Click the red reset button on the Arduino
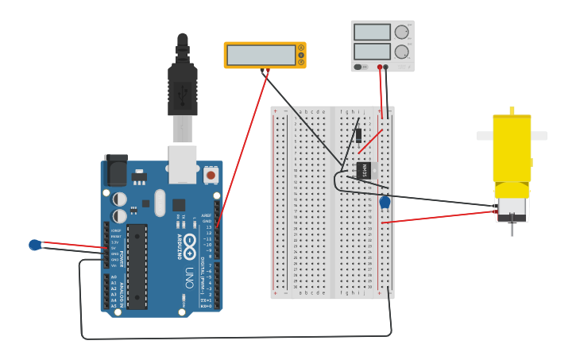click(x=211, y=174)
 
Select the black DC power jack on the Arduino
click(x=116, y=170)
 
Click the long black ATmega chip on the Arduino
click(x=137, y=266)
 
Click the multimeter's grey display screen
click(x=261, y=55)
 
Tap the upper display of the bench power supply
click(x=372, y=33)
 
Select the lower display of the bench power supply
click(x=372, y=52)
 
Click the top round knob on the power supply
click(x=402, y=33)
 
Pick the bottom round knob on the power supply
click(x=402, y=52)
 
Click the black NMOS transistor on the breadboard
click(x=364, y=169)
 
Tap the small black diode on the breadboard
click(x=359, y=135)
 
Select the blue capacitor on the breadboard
click(x=385, y=203)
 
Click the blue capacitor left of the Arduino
click(x=35, y=245)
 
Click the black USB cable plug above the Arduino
click(x=183, y=87)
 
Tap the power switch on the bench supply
click(x=359, y=67)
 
